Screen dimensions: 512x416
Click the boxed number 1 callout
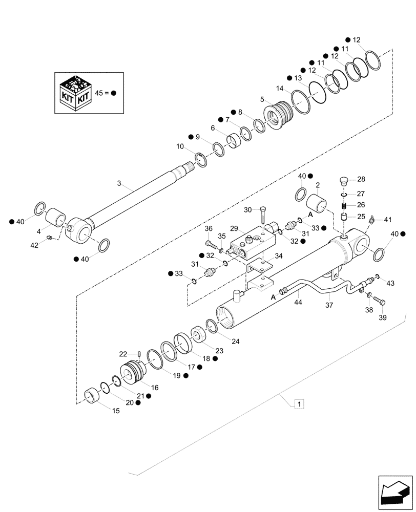pos(299,404)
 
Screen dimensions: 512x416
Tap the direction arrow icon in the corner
pos(394,494)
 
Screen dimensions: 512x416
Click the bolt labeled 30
pos(262,211)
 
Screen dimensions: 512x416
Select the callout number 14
pos(279,88)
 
